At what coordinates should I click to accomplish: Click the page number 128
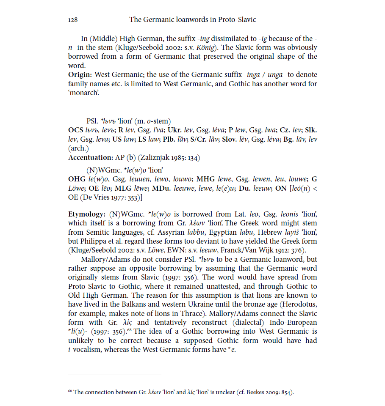point(73,19)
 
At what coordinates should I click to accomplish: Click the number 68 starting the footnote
point(70,391)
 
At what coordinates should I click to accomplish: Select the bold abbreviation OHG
point(78,179)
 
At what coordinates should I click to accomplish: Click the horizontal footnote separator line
point(114,375)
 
